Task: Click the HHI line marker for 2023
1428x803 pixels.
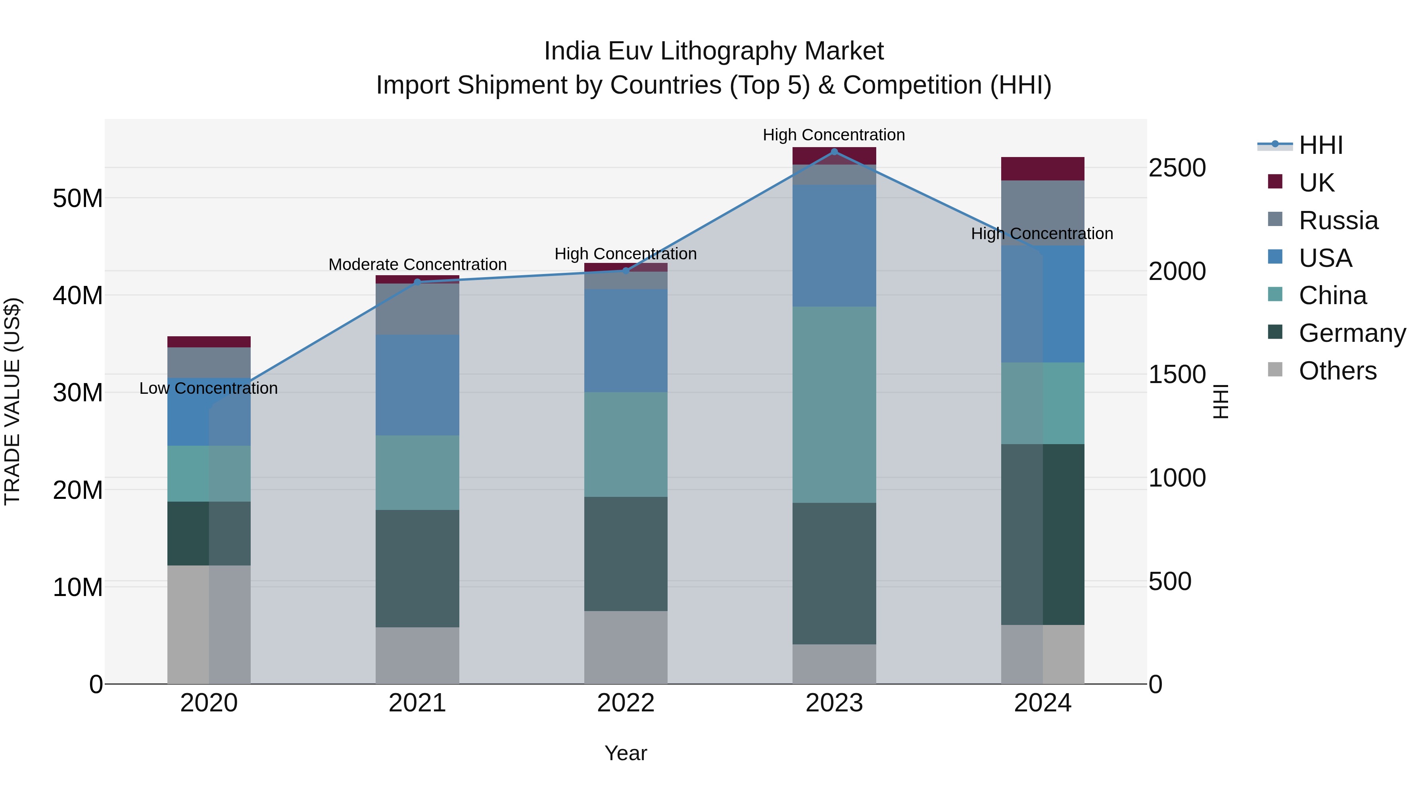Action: pos(834,151)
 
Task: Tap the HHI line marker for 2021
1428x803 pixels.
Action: pos(417,282)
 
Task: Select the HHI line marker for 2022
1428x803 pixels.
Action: pos(626,271)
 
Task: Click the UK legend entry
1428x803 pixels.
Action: pos(1316,183)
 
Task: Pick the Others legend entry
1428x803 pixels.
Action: pos(1337,371)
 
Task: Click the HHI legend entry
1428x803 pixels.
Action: pos(1321,145)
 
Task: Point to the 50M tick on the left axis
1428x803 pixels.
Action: pos(78,198)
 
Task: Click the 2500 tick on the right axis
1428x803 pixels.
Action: pos(1177,168)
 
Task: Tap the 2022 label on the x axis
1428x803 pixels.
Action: pos(626,703)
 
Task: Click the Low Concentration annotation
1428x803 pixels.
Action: pos(208,389)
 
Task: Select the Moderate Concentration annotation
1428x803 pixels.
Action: pos(417,265)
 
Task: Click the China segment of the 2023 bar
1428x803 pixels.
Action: pos(834,404)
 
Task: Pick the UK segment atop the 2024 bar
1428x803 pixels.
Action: pos(1042,169)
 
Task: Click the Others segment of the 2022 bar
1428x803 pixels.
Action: pos(626,647)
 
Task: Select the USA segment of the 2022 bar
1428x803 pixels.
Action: pos(626,340)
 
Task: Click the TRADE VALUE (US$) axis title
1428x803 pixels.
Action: pos(12,401)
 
